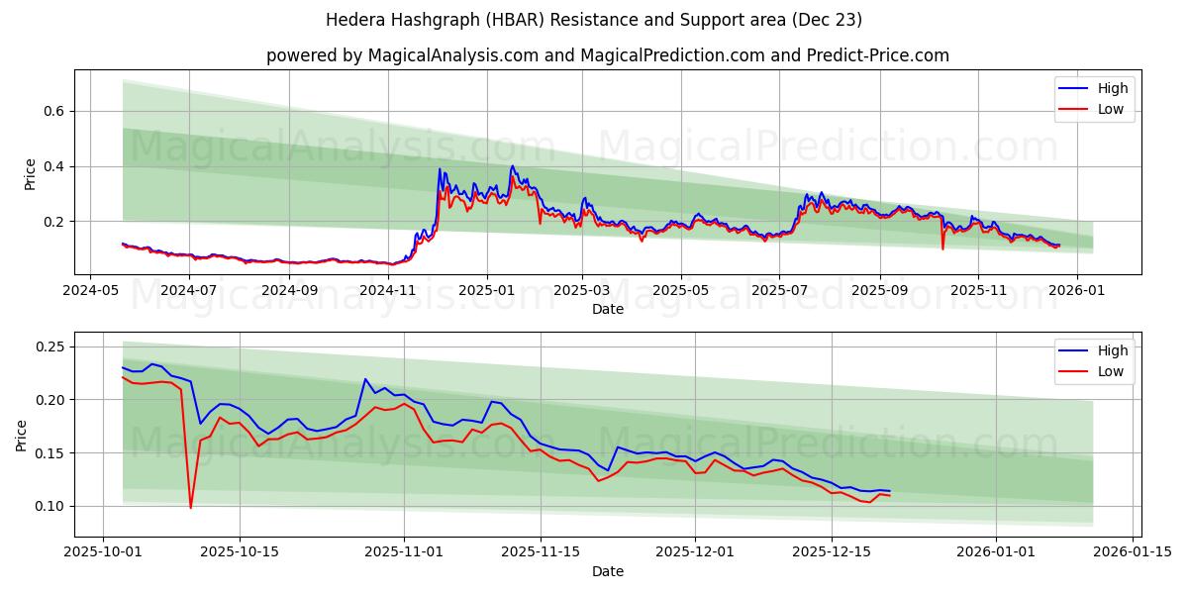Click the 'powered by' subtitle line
pos(607,55)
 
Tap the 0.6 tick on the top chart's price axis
pos(53,111)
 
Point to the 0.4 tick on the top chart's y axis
pos(53,166)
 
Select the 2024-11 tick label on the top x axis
pos(388,291)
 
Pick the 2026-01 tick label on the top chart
pos(1076,291)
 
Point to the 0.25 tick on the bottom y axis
pos(49,346)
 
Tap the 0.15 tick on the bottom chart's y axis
pos(49,453)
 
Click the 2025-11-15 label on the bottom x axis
pos(540,552)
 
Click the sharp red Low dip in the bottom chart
pos(191,507)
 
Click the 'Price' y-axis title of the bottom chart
pos(22,435)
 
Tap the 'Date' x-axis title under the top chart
pos(607,309)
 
